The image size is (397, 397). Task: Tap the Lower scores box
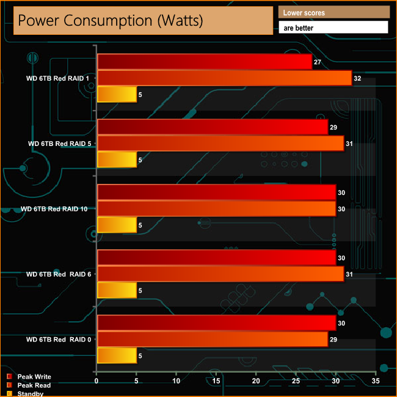tap(333, 12)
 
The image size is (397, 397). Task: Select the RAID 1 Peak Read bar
tap(224, 78)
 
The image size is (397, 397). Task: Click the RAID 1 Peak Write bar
tap(204, 62)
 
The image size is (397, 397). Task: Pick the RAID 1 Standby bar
tap(117, 95)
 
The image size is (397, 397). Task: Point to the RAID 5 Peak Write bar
tap(212, 127)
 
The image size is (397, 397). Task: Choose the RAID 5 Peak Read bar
tap(220, 144)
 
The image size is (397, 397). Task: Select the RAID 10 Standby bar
tap(117, 225)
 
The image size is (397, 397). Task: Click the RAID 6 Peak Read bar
tap(220, 274)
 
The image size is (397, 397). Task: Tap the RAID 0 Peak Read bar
tap(212, 339)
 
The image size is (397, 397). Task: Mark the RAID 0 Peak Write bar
tap(216, 323)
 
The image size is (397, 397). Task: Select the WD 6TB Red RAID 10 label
tap(54, 209)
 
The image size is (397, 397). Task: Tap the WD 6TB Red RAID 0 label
tap(59, 339)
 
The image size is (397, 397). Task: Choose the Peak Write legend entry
tap(34, 377)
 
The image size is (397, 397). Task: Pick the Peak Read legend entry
tap(34, 385)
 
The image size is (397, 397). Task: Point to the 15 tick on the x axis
tap(216, 381)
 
